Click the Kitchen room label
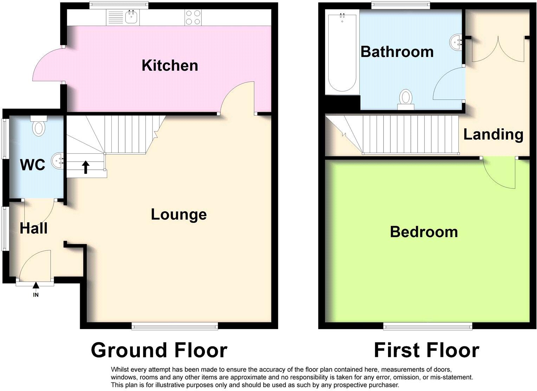(170, 66)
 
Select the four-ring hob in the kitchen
(193, 17)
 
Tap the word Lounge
(179, 214)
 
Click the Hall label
(33, 229)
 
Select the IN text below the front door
(35, 295)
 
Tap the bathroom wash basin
(456, 43)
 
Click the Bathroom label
(397, 52)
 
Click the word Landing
(493, 134)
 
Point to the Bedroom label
(424, 232)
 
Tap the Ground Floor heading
(159, 350)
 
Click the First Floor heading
(426, 350)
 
